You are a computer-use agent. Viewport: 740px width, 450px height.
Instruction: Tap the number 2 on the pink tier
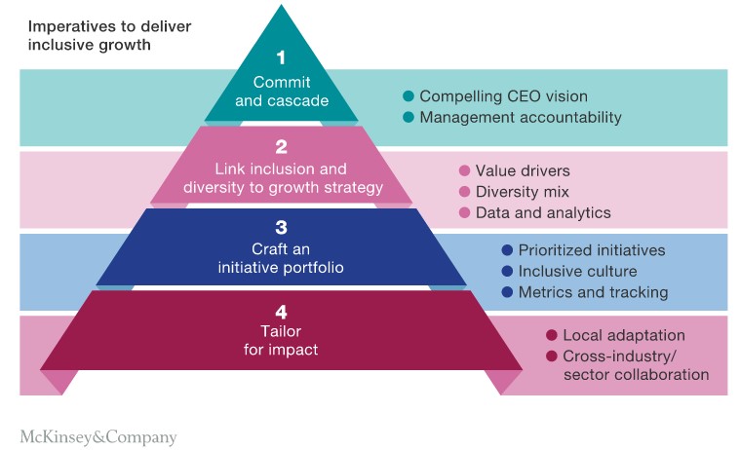pyautogui.click(x=281, y=147)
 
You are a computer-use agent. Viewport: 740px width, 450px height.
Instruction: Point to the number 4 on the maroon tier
pyautogui.click(x=281, y=313)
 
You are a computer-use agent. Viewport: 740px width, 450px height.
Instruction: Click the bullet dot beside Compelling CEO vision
pyautogui.click(x=409, y=96)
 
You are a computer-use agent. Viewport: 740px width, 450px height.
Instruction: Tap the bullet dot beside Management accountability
pyautogui.click(x=409, y=118)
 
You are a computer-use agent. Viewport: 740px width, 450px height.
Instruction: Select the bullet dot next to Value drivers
pyautogui.click(x=464, y=170)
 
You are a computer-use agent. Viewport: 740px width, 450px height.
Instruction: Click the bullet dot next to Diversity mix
pyautogui.click(x=464, y=192)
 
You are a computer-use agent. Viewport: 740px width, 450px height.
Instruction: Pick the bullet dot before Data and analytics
pyautogui.click(x=464, y=212)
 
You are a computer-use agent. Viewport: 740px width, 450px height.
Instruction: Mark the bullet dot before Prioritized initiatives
pyautogui.click(x=506, y=250)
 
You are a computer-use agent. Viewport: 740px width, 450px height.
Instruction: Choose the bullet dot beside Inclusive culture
pyautogui.click(x=506, y=272)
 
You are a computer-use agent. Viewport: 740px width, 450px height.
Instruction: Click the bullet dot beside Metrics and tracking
pyautogui.click(x=506, y=292)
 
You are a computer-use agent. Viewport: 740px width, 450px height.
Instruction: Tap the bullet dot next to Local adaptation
pyautogui.click(x=551, y=335)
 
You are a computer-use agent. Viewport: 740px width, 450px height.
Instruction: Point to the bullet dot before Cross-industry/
pyautogui.click(x=551, y=356)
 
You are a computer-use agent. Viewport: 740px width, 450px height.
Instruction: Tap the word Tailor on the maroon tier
pyautogui.click(x=281, y=332)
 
